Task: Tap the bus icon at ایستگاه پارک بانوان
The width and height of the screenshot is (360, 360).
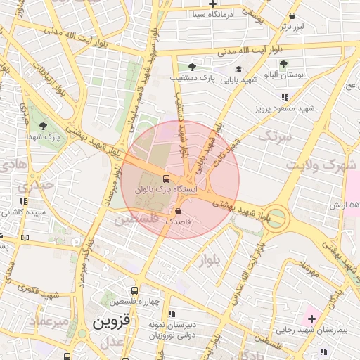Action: click(166, 179)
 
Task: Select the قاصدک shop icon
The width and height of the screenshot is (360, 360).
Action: click(178, 211)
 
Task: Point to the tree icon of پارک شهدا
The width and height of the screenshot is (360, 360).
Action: click(44, 126)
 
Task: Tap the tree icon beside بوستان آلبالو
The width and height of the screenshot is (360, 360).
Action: click(283, 65)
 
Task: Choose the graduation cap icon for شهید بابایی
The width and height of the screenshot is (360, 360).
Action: click(238, 69)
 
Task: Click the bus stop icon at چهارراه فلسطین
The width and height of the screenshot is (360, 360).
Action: click(134, 290)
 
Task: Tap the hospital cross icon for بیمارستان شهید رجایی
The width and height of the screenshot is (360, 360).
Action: click(311, 319)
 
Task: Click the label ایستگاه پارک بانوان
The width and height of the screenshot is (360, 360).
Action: click(200, 188)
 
